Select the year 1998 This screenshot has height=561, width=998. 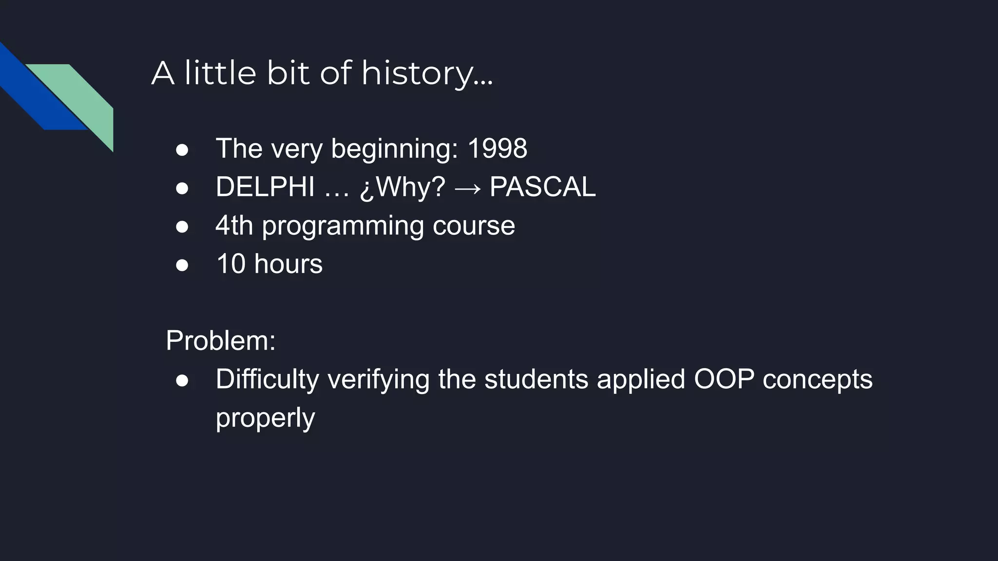[x=497, y=149]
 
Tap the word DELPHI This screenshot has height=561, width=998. [x=265, y=187]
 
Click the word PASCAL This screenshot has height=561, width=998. [x=542, y=187]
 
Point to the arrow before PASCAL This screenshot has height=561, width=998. [x=467, y=188]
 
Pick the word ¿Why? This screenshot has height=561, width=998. [x=402, y=187]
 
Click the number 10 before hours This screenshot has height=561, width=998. [x=230, y=264]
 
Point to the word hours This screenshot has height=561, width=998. [x=288, y=264]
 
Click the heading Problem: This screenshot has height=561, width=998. [x=220, y=340]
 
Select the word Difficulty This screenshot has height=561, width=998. [x=267, y=379]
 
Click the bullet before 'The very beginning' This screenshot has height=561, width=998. [x=182, y=150]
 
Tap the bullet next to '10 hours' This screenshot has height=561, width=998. [x=182, y=265]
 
